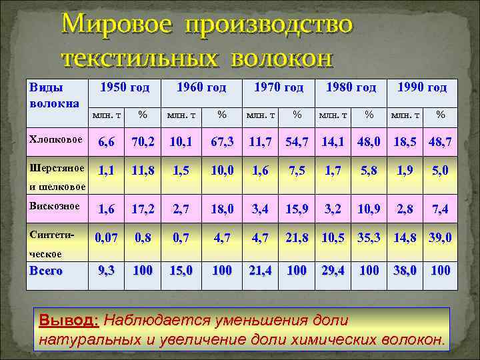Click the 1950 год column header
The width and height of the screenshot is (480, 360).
(x=124, y=87)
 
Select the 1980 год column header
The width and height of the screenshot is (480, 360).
(x=351, y=87)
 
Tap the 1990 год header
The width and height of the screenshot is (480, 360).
(x=421, y=87)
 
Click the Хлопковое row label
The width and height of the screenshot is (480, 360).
(x=55, y=139)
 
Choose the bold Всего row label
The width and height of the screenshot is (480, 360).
(x=45, y=271)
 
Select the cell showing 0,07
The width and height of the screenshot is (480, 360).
(x=105, y=237)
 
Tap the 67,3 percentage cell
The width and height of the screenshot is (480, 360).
(x=221, y=141)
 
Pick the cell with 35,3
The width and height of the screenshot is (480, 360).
(x=368, y=237)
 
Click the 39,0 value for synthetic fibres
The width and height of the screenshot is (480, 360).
(x=439, y=237)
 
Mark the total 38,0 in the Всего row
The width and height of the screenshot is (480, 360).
(x=405, y=271)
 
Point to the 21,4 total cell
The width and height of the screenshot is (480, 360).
(x=261, y=271)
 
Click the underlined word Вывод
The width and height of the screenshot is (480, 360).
(x=69, y=320)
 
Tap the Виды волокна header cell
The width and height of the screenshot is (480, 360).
(x=54, y=95)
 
